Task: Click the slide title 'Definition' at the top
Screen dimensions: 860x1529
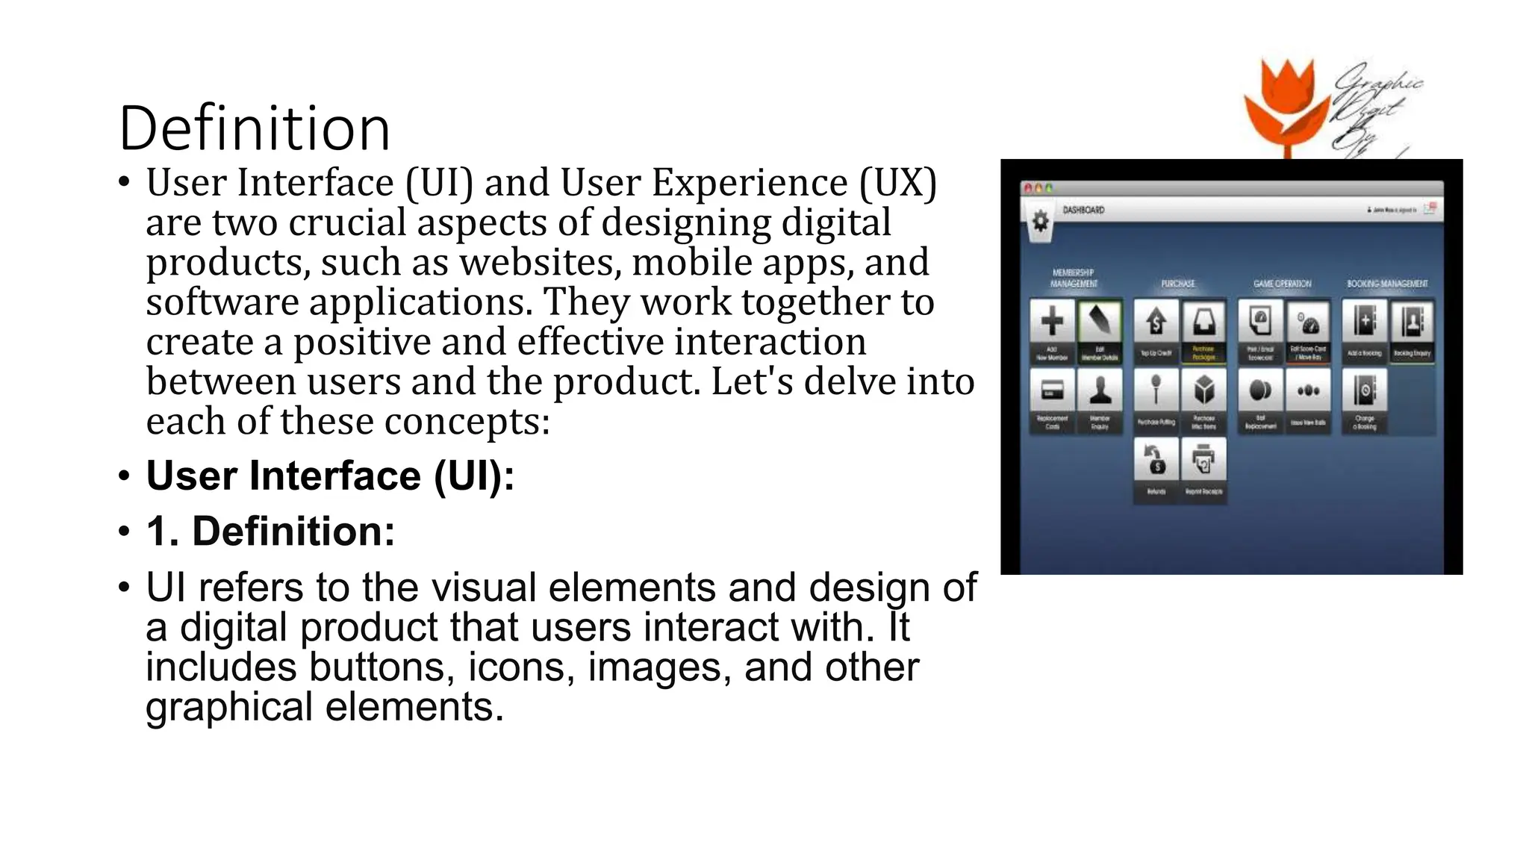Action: click(x=255, y=128)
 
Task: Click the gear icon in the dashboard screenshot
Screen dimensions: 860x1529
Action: click(x=1040, y=221)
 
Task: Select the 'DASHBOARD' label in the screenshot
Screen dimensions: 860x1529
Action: click(x=1083, y=211)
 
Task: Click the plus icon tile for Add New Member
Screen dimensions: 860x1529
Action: click(x=1052, y=322)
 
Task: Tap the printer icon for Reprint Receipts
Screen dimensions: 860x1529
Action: click(x=1203, y=461)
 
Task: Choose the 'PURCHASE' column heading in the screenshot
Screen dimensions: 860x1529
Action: click(x=1178, y=284)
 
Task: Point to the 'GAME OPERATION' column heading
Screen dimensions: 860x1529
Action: click(x=1282, y=284)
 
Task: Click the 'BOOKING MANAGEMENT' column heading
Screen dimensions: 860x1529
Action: click(x=1387, y=284)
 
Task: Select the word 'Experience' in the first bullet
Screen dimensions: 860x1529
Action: click(x=750, y=183)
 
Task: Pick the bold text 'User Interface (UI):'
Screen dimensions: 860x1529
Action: click(x=330, y=476)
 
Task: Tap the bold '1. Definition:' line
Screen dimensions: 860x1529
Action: click(x=270, y=531)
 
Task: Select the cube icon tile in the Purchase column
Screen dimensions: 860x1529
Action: click(x=1203, y=390)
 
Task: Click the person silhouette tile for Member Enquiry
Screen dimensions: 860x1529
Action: click(x=1100, y=390)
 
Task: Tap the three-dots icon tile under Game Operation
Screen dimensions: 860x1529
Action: click(x=1308, y=390)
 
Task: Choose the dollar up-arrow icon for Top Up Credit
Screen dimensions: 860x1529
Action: click(x=1156, y=322)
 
